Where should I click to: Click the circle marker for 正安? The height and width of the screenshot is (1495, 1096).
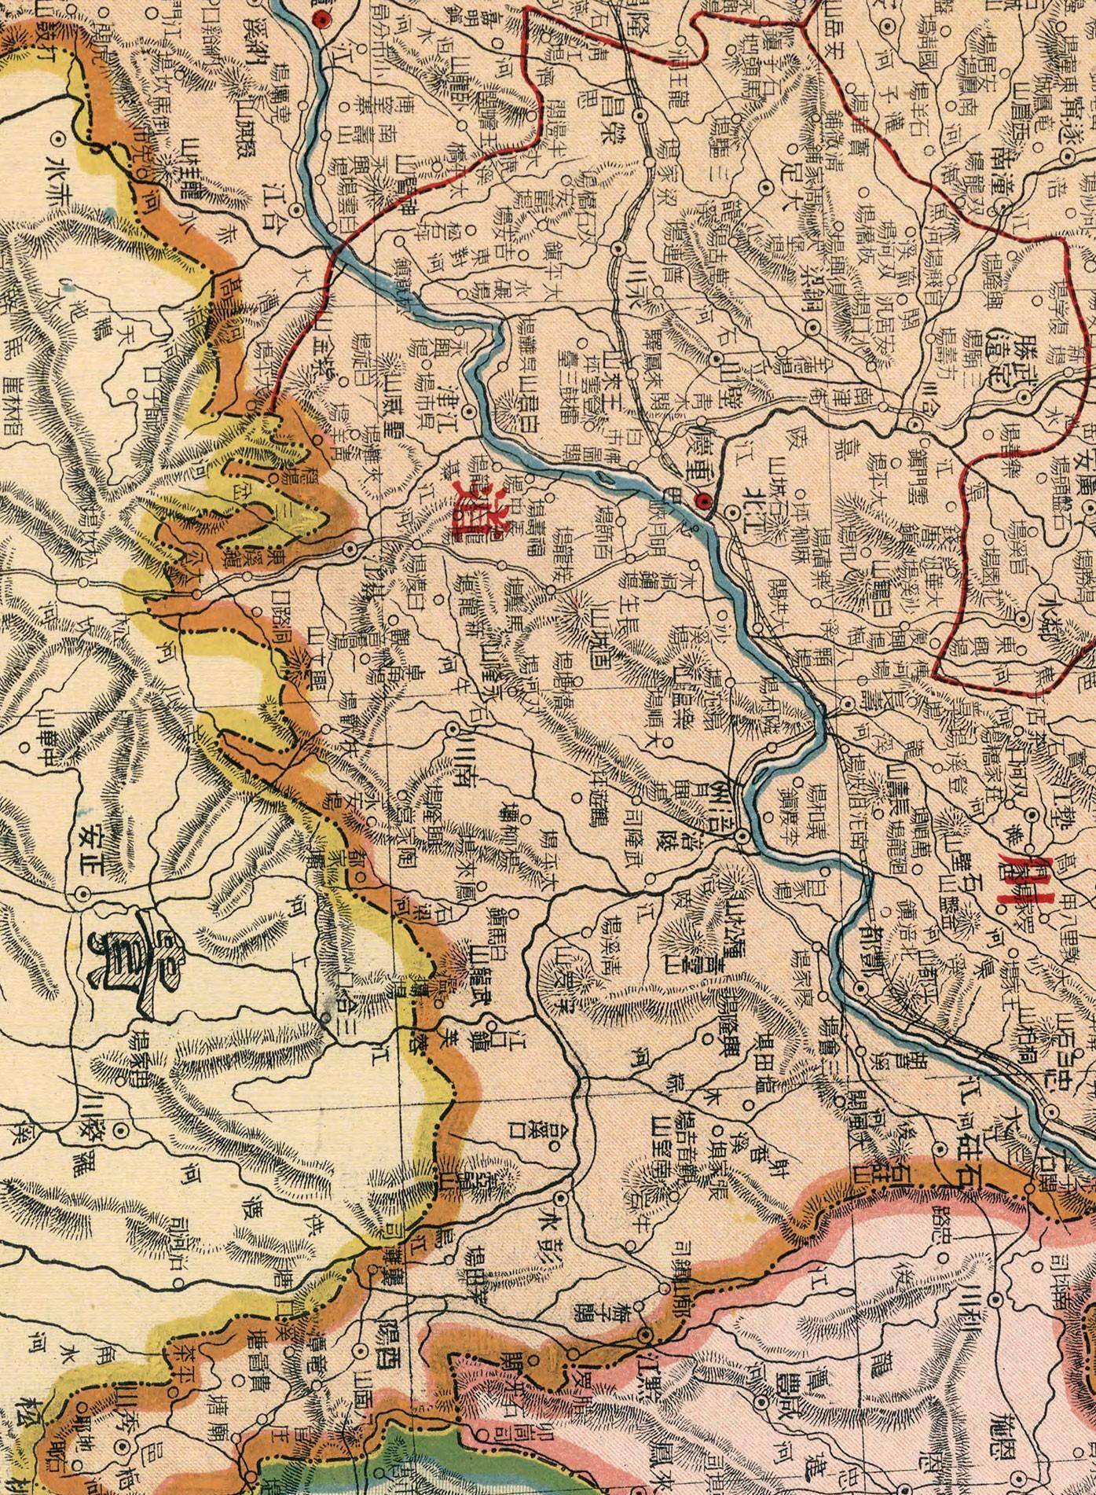tap(82, 894)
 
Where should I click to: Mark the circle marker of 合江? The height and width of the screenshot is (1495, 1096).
tap(296, 210)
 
